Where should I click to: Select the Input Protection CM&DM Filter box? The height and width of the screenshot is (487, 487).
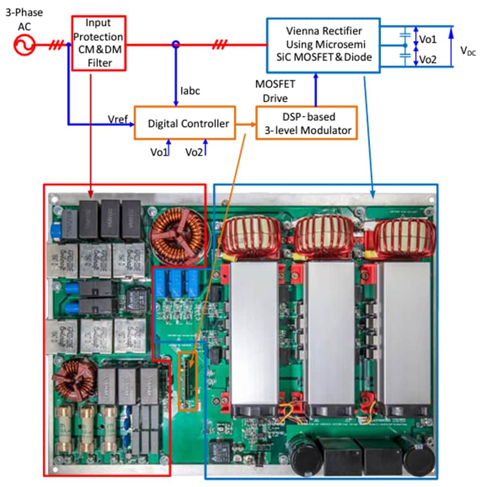[x=98, y=43]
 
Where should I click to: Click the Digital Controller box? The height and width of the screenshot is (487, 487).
[x=188, y=123]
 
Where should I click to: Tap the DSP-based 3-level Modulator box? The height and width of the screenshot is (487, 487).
[x=306, y=123]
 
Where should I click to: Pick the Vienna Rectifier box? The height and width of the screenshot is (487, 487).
[x=323, y=45]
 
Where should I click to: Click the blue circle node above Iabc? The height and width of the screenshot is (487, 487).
[x=175, y=45]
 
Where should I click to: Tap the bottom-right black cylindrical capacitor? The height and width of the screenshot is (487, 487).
[x=419, y=455]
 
